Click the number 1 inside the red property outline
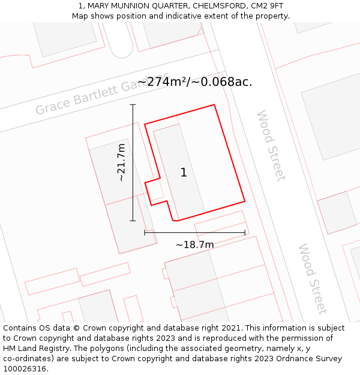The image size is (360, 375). click(184, 173)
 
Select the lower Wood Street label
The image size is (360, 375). click(312, 278)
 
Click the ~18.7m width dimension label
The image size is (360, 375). click(194, 244)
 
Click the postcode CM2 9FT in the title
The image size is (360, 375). click(267, 6)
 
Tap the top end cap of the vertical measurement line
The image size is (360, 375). click(133, 104)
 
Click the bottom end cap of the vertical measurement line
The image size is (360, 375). click(133, 221)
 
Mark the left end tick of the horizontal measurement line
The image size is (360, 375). click(145, 232)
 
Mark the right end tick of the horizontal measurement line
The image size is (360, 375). click(245, 232)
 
